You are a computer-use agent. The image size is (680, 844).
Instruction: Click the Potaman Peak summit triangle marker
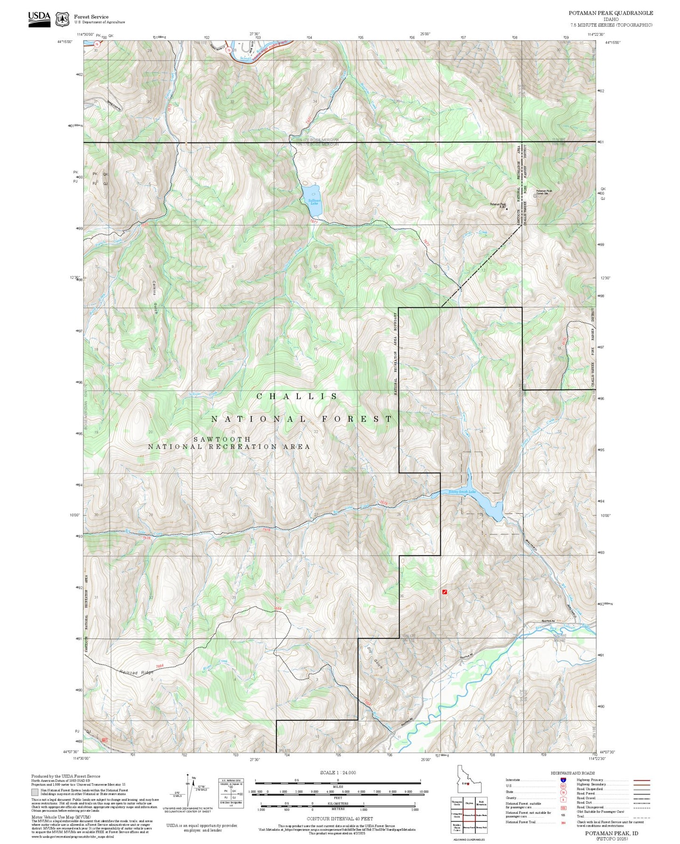click(x=506, y=208)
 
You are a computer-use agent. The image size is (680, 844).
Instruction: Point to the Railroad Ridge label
click(x=136, y=673)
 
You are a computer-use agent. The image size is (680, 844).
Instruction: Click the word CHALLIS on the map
click(x=297, y=397)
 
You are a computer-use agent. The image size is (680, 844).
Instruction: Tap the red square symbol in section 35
click(x=444, y=592)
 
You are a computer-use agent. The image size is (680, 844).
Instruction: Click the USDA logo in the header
click(x=39, y=18)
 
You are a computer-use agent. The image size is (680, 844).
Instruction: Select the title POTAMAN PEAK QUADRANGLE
click(x=610, y=13)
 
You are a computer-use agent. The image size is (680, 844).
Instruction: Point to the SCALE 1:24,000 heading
click(x=338, y=772)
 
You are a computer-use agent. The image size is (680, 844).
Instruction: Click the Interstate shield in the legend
click(x=563, y=780)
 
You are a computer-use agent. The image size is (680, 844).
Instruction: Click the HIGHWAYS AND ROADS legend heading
click(x=573, y=773)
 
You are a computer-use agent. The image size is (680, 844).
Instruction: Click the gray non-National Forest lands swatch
click(x=35, y=792)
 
